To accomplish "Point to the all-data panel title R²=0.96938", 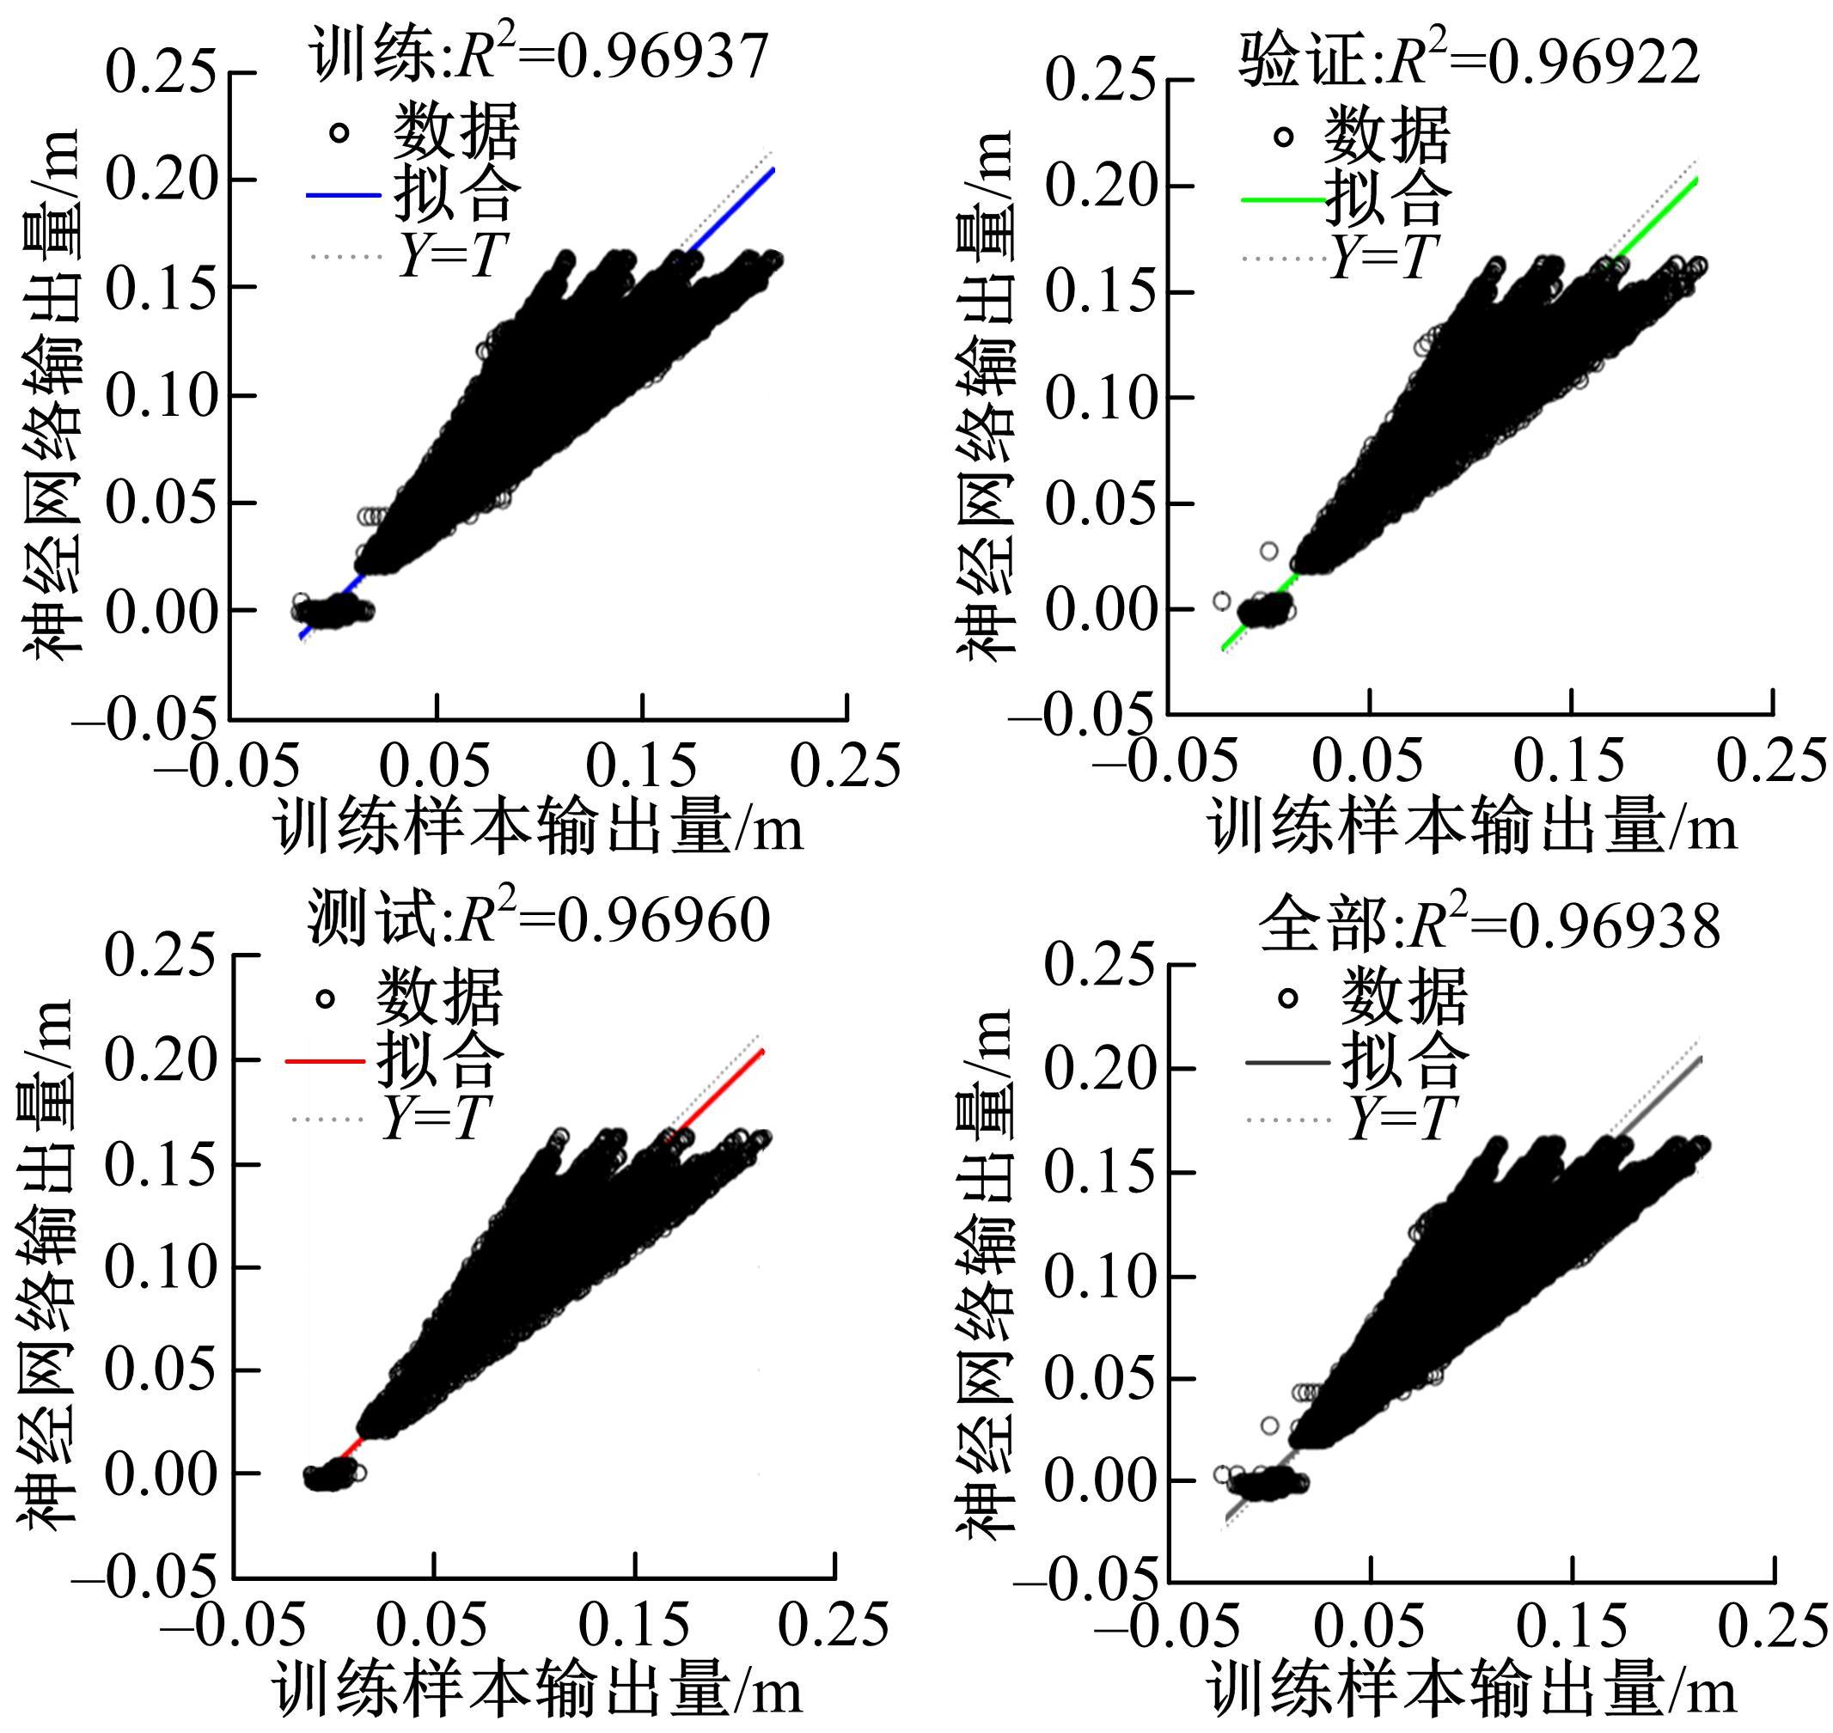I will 1489,925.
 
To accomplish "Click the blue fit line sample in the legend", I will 343,196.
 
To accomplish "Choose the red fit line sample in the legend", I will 325,1061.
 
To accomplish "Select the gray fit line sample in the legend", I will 1286,1064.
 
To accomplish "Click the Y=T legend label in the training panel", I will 454,255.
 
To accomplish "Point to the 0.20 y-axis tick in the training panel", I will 162,180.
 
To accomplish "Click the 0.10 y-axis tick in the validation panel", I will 1099,398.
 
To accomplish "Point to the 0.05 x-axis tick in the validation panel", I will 1369,763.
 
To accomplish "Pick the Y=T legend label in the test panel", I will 434,1119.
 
